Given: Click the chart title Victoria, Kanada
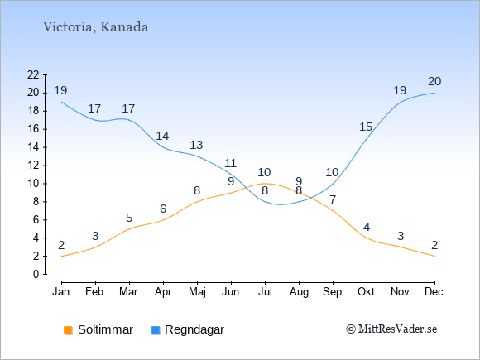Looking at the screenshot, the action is pyautogui.click(x=95, y=27).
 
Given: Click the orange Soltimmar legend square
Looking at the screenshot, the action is pyautogui.click(x=68, y=330).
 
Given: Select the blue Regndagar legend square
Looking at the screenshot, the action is pyautogui.click(x=156, y=330).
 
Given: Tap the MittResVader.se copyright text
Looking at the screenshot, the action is pyautogui.click(x=391, y=329).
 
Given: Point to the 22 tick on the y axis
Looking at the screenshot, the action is pyautogui.click(x=33, y=74).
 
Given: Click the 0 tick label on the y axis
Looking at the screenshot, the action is pyautogui.click(x=36, y=274).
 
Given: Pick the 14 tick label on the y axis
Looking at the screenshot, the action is pyautogui.click(x=33, y=147).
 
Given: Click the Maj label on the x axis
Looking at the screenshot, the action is pyautogui.click(x=197, y=292).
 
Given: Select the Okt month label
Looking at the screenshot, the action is pyautogui.click(x=366, y=292).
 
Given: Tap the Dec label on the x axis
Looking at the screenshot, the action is pyautogui.click(x=434, y=292).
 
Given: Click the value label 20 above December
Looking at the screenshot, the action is pyautogui.click(x=434, y=82).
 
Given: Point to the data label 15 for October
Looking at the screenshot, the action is pyautogui.click(x=366, y=127).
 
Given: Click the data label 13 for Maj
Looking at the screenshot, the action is pyautogui.click(x=196, y=145).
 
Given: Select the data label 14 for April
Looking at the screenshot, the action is pyautogui.click(x=162, y=136).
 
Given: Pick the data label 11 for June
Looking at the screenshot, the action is pyautogui.click(x=230, y=163).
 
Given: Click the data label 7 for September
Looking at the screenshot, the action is pyautogui.click(x=333, y=199).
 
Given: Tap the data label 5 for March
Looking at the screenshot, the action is pyautogui.click(x=129, y=218).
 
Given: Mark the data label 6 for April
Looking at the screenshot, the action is pyautogui.click(x=163, y=209).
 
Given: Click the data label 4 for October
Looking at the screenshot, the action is pyautogui.click(x=367, y=227).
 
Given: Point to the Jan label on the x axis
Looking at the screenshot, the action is pyautogui.click(x=61, y=292).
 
